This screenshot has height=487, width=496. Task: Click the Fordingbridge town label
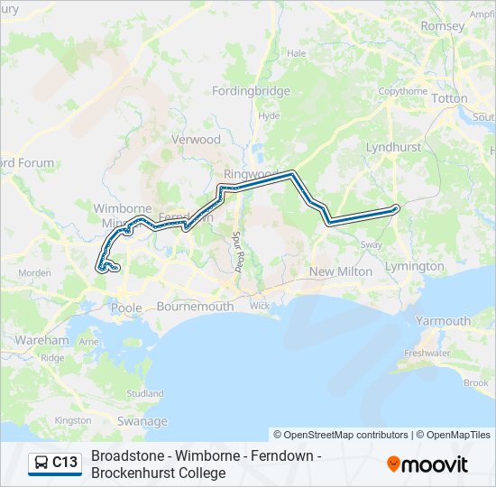[251, 91]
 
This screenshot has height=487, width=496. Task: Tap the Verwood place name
[196, 140]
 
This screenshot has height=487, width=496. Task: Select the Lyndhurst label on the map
[394, 146]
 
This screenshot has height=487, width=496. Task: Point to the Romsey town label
[442, 26]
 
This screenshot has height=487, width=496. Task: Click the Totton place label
[449, 98]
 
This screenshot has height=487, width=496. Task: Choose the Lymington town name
[414, 266]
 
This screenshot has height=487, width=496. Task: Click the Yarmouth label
[443, 320]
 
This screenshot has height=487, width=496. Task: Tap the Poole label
[126, 308]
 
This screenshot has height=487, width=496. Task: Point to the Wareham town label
[41, 340]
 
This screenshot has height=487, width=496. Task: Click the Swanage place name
[142, 421]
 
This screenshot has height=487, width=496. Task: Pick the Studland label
[145, 394]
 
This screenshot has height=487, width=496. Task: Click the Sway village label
[371, 244]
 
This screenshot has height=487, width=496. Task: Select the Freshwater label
[427, 354]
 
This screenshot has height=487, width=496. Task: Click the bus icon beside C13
[41, 463]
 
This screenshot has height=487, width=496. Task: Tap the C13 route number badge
[65, 463]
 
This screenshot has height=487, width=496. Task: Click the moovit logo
[427, 464]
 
